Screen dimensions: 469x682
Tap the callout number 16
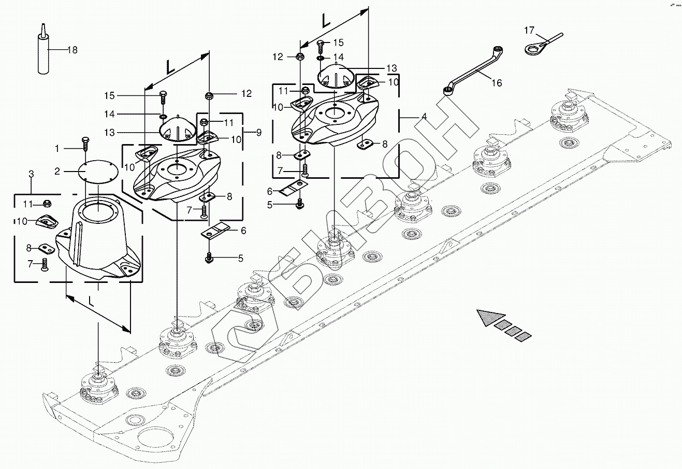pyautogui.click(x=497, y=83)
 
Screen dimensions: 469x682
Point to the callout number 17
pyautogui.click(x=529, y=31)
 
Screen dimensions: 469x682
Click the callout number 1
pyautogui.click(x=58, y=149)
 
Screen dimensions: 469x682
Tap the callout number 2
pyautogui.click(x=58, y=171)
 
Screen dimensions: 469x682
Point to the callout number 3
pyautogui.click(x=31, y=174)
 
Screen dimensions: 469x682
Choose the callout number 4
pyautogui.click(x=424, y=117)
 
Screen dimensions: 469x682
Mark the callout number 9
pyautogui.click(x=258, y=133)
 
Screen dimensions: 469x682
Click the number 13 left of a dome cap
pyautogui.click(x=110, y=133)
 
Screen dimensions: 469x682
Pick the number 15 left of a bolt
pyautogui.click(x=109, y=95)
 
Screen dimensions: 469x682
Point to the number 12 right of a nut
pyautogui.click(x=246, y=94)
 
